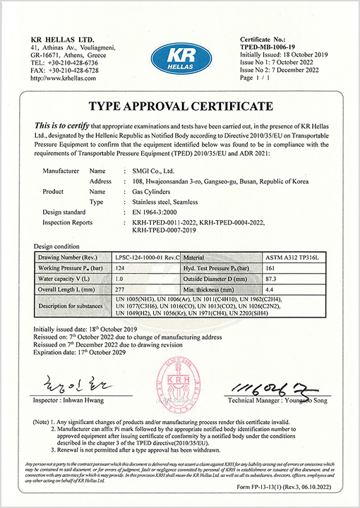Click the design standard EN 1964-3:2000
160,211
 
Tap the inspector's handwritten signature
68,385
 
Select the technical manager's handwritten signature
263,387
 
